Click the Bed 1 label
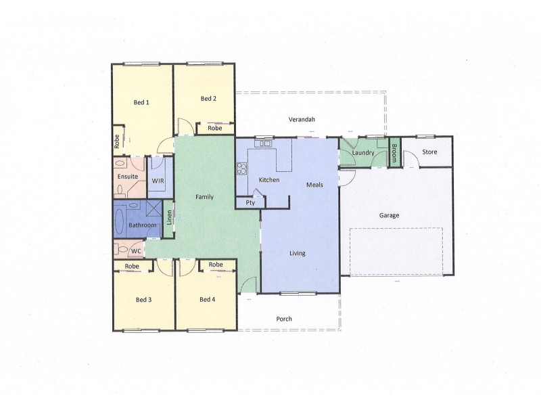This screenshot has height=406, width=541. point(141,102)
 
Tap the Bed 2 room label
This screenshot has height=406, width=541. point(208,98)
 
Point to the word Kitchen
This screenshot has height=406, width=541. point(269,179)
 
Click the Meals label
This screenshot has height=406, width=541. point(314,184)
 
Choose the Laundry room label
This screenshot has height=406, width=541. point(364,153)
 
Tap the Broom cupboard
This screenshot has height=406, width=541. point(394,152)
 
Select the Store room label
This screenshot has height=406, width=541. point(429,152)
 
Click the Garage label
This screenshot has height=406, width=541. point(389,215)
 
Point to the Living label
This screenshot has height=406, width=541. point(298,254)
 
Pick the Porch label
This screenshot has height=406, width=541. point(285,319)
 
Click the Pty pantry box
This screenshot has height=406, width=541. point(250,202)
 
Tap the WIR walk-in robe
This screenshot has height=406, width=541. point(158,181)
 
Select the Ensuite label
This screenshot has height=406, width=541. point(128,177)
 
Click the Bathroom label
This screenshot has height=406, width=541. point(143,225)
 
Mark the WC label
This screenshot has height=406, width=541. point(135,251)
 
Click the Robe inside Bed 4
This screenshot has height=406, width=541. point(216,264)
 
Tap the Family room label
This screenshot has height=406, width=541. point(205,197)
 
